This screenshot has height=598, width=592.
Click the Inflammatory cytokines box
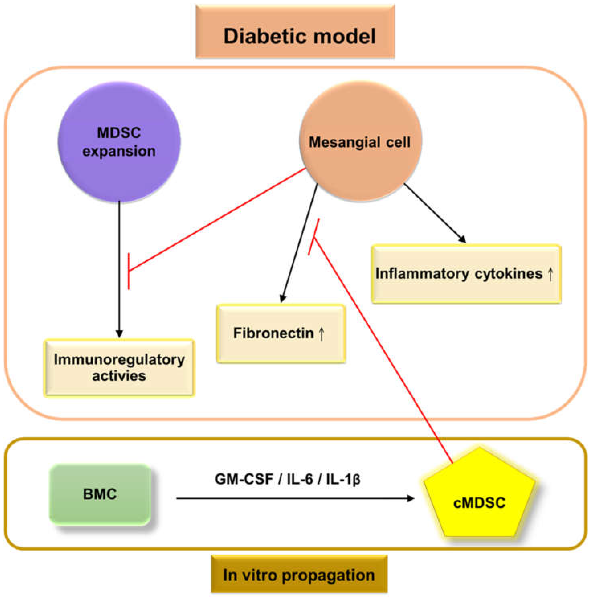click(466, 274)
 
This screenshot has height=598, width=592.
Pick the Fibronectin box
click(281, 333)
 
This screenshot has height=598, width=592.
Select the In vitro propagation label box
click(299, 575)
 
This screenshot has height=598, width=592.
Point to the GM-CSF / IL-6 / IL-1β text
click(287, 479)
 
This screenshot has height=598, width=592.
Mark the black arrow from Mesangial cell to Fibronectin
click(299, 243)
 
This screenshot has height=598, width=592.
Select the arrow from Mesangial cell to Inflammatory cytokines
click(435, 213)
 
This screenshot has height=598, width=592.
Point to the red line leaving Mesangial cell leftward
click(216, 220)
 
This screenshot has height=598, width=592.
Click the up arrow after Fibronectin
click(322, 334)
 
